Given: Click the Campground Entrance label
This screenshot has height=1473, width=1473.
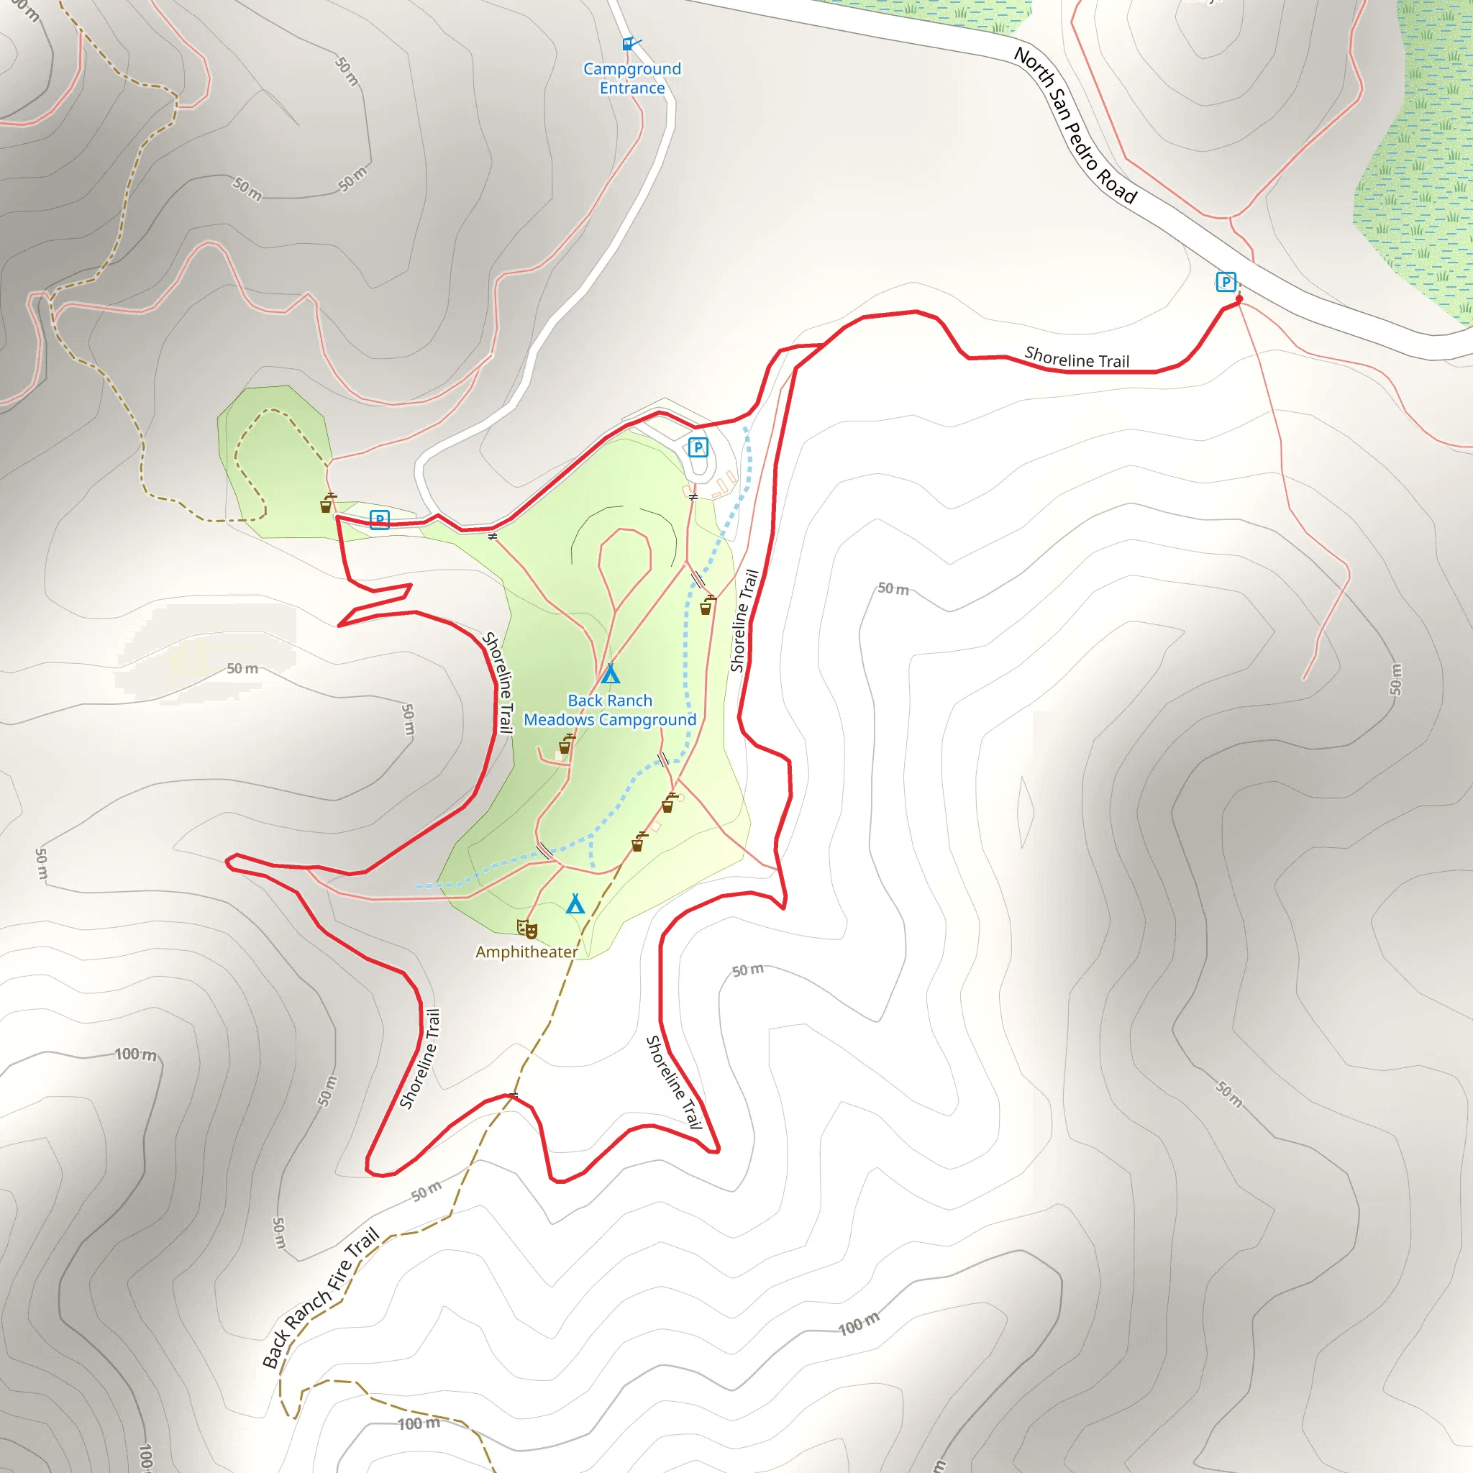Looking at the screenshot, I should click(x=632, y=78).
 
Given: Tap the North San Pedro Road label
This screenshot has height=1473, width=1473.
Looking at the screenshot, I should click(x=1075, y=126).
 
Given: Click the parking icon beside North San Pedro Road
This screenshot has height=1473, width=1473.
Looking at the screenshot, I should click(x=1225, y=282).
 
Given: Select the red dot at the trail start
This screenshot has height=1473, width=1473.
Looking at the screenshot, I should click(x=1239, y=301).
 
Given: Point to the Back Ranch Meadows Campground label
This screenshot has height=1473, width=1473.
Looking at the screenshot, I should click(x=610, y=710).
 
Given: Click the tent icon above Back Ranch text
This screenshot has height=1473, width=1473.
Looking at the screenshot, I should click(x=610, y=674).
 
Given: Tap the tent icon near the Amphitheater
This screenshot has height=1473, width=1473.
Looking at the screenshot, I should click(x=575, y=904).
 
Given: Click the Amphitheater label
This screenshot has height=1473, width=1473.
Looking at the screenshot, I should click(x=526, y=952).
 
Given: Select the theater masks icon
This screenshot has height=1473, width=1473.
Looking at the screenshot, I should click(x=526, y=929).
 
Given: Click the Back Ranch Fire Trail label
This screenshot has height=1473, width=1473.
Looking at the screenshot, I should click(x=320, y=1298).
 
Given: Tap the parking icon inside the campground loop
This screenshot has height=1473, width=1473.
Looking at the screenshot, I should click(x=698, y=447).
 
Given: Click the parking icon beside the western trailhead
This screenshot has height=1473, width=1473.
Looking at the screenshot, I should click(x=380, y=519).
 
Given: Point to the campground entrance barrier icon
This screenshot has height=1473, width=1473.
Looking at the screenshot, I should click(x=630, y=43).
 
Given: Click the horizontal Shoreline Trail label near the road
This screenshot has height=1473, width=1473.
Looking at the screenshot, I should click(x=1077, y=357).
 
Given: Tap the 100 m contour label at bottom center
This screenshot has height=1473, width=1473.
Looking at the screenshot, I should click(x=419, y=1423).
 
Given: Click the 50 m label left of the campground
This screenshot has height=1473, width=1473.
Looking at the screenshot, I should click(x=242, y=669).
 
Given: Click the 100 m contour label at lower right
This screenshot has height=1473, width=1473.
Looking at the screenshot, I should click(x=859, y=1325).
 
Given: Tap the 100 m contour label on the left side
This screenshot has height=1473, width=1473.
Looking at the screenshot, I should click(x=136, y=1054).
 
